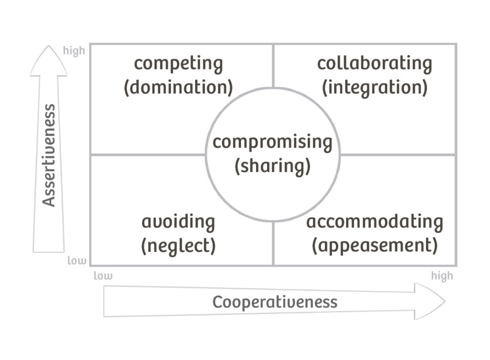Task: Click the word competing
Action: click(x=178, y=64)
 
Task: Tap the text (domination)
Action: click(x=178, y=88)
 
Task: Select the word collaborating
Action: click(x=374, y=64)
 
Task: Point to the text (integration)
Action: click(x=374, y=88)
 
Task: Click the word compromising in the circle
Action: click(x=272, y=142)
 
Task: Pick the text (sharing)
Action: click(x=272, y=166)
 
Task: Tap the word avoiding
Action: click(x=178, y=222)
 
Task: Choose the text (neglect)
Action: click(x=178, y=246)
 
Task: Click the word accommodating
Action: click(x=374, y=222)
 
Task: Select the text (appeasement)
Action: click(x=374, y=246)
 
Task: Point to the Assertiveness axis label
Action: click(x=49, y=155)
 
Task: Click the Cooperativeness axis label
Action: click(x=275, y=302)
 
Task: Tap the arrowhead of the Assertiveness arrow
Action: click(x=48, y=60)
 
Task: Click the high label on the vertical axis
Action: click(x=74, y=51)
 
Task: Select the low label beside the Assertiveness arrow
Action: click(x=77, y=261)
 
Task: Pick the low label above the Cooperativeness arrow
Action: click(x=103, y=276)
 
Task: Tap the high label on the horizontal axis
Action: click(x=442, y=276)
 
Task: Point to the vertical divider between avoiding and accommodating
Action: click(x=273, y=244)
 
